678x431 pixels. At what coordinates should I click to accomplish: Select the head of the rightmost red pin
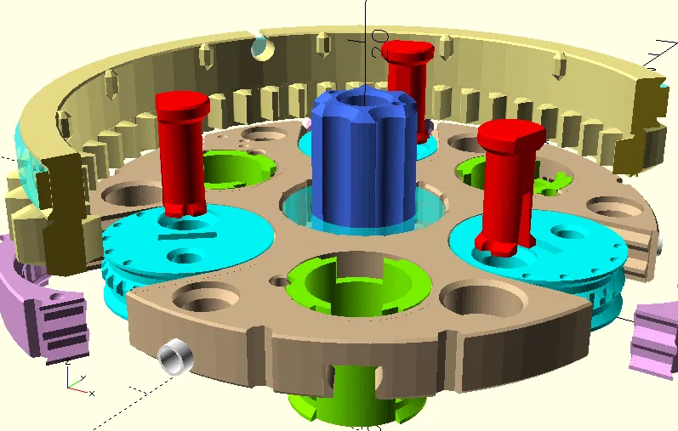(510, 133)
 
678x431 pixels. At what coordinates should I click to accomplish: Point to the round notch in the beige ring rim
(261, 48)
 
